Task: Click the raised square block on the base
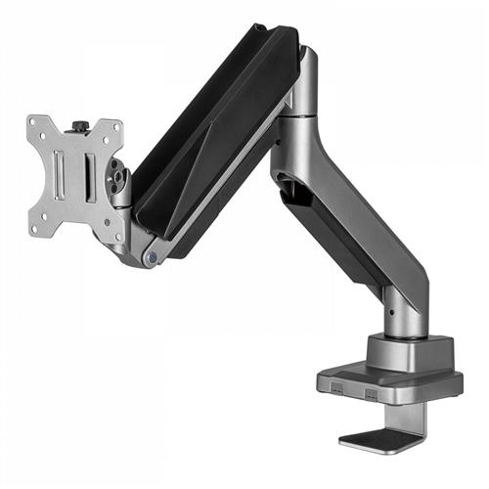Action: [409, 351]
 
